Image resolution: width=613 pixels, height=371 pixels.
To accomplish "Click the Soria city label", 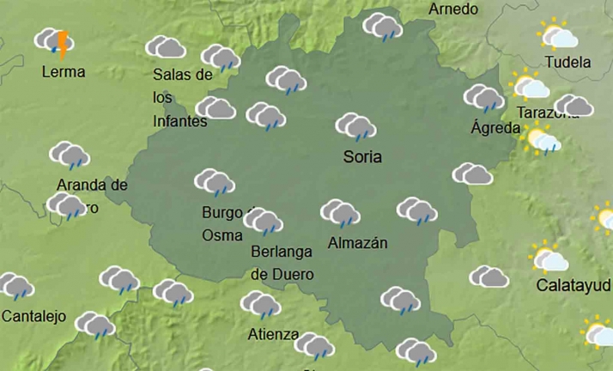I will click(362, 157).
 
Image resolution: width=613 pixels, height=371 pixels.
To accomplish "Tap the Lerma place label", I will click(64, 72).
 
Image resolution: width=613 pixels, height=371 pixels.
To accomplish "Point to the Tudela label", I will click(568, 62).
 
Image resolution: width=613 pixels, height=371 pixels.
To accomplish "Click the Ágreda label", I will click(496, 128).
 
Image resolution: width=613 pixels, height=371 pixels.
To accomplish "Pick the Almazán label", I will click(358, 243).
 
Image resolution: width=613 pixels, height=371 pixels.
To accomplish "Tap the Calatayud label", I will click(574, 284).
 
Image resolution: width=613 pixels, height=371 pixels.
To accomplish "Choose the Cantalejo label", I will click(33, 316).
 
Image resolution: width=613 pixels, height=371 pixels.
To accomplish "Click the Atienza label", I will click(273, 334).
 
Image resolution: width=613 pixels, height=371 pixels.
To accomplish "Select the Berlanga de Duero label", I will click(282, 263).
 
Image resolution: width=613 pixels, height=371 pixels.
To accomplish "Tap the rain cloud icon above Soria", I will click(355, 127).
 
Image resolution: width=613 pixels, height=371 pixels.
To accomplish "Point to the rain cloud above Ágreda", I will click(484, 98).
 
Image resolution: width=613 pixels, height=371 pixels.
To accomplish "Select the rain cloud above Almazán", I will click(341, 213).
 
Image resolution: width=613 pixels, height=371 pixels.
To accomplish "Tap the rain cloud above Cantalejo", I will click(15, 287).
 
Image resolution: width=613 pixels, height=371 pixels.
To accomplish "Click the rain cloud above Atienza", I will click(260, 305).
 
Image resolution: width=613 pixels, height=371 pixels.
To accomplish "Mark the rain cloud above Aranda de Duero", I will click(70, 155).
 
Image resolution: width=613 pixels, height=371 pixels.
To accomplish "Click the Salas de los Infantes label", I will click(181, 98).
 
